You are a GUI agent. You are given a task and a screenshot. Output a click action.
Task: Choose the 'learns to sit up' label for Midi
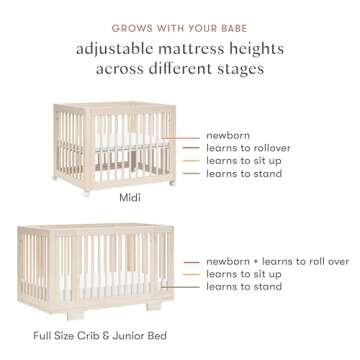coord(244,160)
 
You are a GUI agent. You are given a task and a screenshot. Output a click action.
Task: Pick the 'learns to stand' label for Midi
coord(244,173)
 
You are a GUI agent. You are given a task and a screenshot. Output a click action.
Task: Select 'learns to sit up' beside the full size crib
coord(244,274)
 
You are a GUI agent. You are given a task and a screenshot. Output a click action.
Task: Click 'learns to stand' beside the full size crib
coord(244,287)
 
